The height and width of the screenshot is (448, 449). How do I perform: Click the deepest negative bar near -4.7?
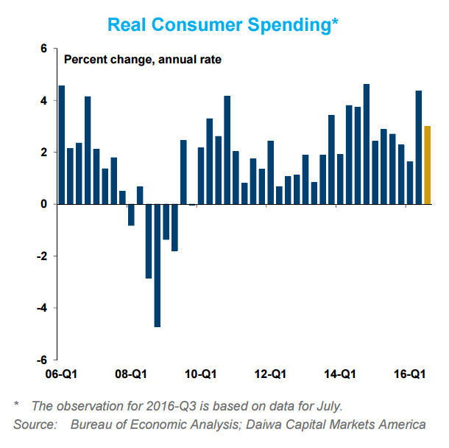click(158, 265)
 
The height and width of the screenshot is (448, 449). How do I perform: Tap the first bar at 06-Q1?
click(62, 144)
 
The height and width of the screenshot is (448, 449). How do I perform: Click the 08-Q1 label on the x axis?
click(130, 374)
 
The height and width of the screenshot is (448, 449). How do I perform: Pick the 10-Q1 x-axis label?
click(199, 374)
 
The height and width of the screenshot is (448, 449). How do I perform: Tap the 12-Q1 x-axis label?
click(269, 374)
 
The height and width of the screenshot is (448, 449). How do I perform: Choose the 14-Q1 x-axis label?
click(339, 374)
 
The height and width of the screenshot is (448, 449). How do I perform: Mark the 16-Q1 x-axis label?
click(409, 374)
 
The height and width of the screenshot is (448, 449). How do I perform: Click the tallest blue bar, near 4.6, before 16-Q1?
click(367, 144)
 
